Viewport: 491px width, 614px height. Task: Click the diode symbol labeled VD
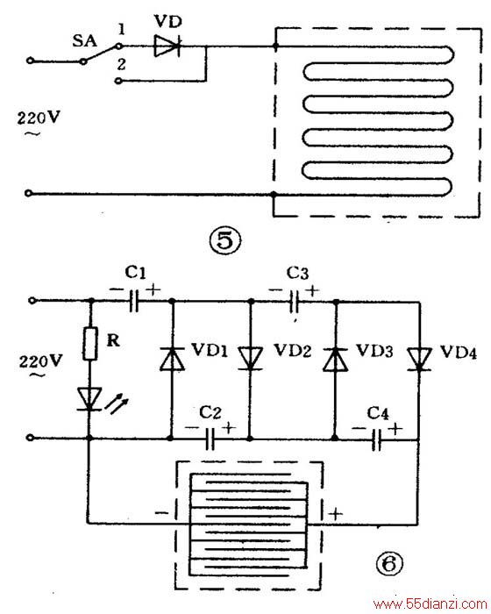pyautogui.click(x=167, y=46)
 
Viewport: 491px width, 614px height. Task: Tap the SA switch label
pyautogui.click(x=84, y=40)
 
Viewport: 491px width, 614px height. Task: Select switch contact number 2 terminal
pyautogui.click(x=119, y=81)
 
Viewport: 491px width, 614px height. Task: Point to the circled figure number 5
pyautogui.click(x=225, y=240)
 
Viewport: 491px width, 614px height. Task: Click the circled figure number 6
pyautogui.click(x=389, y=564)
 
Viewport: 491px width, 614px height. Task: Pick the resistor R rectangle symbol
pyautogui.click(x=90, y=344)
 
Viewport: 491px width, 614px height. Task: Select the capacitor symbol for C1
pyautogui.click(x=134, y=301)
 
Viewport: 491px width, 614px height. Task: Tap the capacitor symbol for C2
pyautogui.click(x=210, y=439)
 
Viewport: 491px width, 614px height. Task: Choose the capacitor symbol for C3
pyautogui.click(x=295, y=302)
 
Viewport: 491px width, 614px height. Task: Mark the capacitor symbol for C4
pyautogui.click(x=376, y=439)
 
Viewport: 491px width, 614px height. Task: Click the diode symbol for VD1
pyautogui.click(x=172, y=358)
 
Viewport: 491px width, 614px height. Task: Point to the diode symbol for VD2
pyautogui.click(x=251, y=358)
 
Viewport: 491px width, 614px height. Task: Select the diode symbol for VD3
pyautogui.click(x=335, y=358)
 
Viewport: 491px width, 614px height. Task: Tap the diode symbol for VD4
pyautogui.click(x=419, y=358)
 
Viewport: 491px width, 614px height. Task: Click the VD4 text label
pyautogui.click(x=459, y=352)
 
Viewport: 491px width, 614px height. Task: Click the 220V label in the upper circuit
pyautogui.click(x=39, y=118)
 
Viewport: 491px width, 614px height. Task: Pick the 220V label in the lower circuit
pyautogui.click(x=40, y=361)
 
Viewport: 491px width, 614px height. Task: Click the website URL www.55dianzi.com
pyautogui.click(x=430, y=604)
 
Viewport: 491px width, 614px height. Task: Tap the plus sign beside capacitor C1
pyautogui.click(x=153, y=290)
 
